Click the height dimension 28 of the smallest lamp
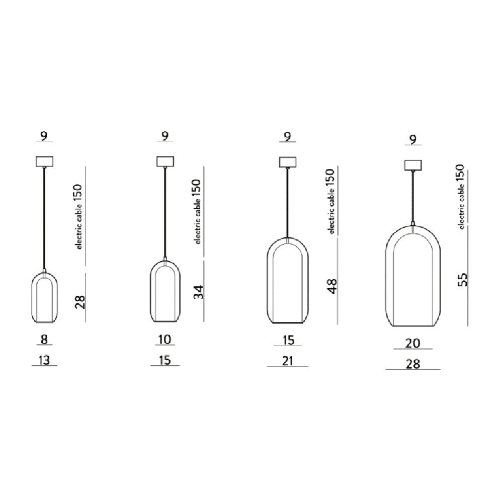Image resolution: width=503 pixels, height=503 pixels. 80,302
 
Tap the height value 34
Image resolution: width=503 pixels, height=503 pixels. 199,292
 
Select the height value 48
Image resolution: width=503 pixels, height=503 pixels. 332,286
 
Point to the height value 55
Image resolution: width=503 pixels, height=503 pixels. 462,279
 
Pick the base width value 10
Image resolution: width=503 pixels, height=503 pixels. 165,339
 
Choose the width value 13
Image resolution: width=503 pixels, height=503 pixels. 44,360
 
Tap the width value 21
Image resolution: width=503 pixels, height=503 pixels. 287,361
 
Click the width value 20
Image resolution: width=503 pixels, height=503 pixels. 412,343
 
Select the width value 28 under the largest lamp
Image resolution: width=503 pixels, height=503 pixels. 412,364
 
